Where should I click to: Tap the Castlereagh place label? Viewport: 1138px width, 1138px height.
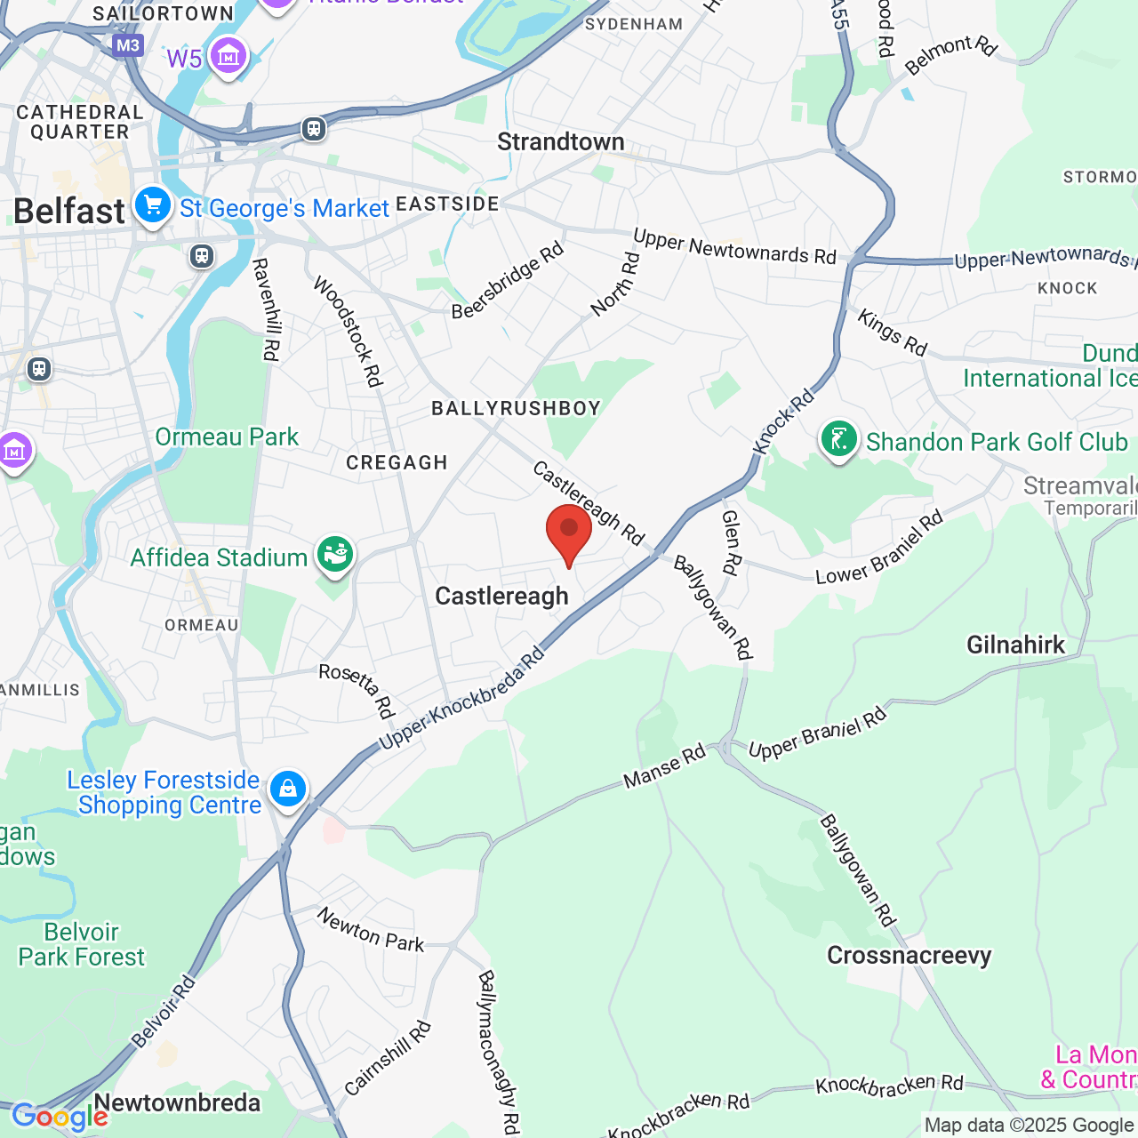(x=501, y=597)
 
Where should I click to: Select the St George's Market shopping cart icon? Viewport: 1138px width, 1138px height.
(x=153, y=206)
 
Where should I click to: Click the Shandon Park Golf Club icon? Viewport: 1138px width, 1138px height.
(x=838, y=439)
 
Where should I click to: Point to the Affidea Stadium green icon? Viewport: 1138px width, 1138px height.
(x=335, y=556)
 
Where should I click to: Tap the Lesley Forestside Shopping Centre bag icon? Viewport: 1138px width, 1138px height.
(x=288, y=789)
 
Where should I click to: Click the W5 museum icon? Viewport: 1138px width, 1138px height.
(x=228, y=57)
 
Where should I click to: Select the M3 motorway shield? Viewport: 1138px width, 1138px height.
(x=128, y=45)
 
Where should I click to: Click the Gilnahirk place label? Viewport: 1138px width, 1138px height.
(x=1015, y=645)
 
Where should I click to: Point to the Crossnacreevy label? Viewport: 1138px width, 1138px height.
(x=909, y=956)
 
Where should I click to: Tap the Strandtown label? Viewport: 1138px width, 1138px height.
(x=561, y=142)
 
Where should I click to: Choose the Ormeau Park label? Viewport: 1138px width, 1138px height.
(x=227, y=437)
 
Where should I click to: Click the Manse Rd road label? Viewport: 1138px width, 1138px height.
(x=664, y=766)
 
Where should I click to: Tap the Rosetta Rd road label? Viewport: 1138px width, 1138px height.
(x=357, y=690)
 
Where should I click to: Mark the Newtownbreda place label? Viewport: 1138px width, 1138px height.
(x=177, y=1103)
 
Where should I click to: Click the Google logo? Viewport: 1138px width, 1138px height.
(x=60, y=1117)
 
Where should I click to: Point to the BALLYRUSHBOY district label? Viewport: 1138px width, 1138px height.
(x=516, y=409)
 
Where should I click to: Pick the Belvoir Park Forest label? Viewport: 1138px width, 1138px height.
(x=81, y=944)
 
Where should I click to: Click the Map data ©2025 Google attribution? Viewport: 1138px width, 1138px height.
(x=1029, y=1126)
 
